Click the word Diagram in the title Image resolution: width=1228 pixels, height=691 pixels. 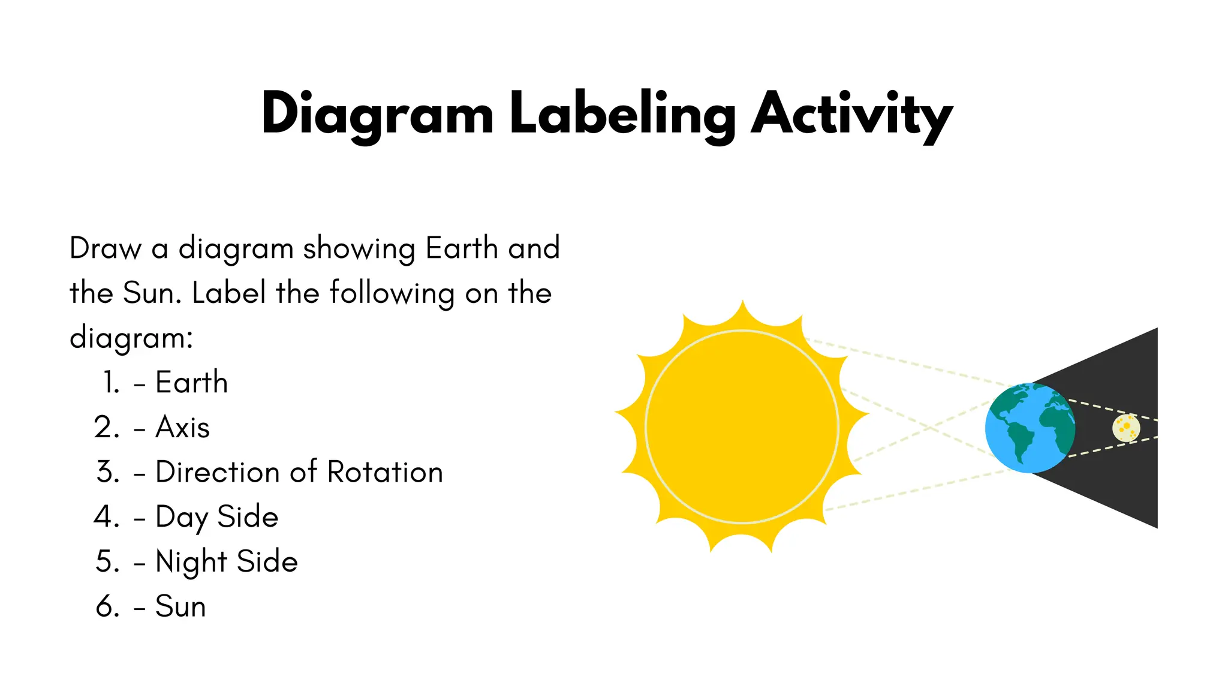377,114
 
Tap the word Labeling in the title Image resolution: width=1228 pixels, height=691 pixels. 622,114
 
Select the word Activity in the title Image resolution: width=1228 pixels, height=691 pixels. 851,114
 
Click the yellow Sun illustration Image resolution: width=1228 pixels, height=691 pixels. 742,426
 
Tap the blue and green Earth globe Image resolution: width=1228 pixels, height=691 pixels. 1030,428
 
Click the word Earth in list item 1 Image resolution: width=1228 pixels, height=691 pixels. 191,382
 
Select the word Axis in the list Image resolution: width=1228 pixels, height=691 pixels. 182,427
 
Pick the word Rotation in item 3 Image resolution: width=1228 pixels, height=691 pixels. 385,472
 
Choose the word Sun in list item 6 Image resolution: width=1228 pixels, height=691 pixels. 180,606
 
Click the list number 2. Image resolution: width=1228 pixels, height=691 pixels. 107,427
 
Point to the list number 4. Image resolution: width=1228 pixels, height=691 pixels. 107,517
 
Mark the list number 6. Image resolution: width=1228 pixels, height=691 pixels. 107,606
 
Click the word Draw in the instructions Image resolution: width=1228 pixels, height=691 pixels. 105,248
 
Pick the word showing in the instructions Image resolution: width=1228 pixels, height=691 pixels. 359,249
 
